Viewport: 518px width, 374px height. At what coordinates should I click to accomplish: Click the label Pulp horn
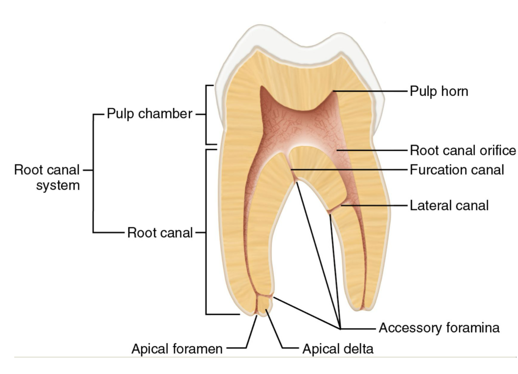tap(439, 91)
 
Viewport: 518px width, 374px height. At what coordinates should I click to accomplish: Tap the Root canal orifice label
tap(463, 151)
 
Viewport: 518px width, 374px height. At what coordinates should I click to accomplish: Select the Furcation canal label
tap(457, 170)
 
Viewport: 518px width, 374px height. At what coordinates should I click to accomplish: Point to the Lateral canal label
tap(449, 205)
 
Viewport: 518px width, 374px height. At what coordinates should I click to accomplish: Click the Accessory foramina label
tap(439, 328)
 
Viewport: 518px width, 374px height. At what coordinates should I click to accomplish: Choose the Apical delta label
tap(338, 349)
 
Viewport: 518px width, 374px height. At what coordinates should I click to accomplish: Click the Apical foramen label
tap(177, 349)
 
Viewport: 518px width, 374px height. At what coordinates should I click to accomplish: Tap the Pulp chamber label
tap(149, 114)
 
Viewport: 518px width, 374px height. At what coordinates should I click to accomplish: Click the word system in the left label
tap(58, 185)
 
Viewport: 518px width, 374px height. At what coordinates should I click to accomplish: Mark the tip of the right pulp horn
tap(334, 91)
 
